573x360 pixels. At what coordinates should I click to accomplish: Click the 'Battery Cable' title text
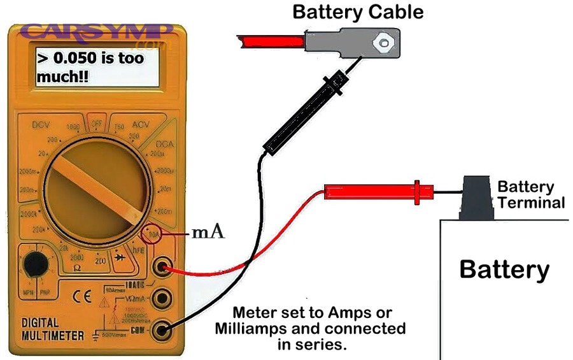[357, 11]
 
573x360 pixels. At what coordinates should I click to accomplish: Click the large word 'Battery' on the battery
[504, 270]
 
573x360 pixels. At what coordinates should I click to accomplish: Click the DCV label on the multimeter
[41, 126]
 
